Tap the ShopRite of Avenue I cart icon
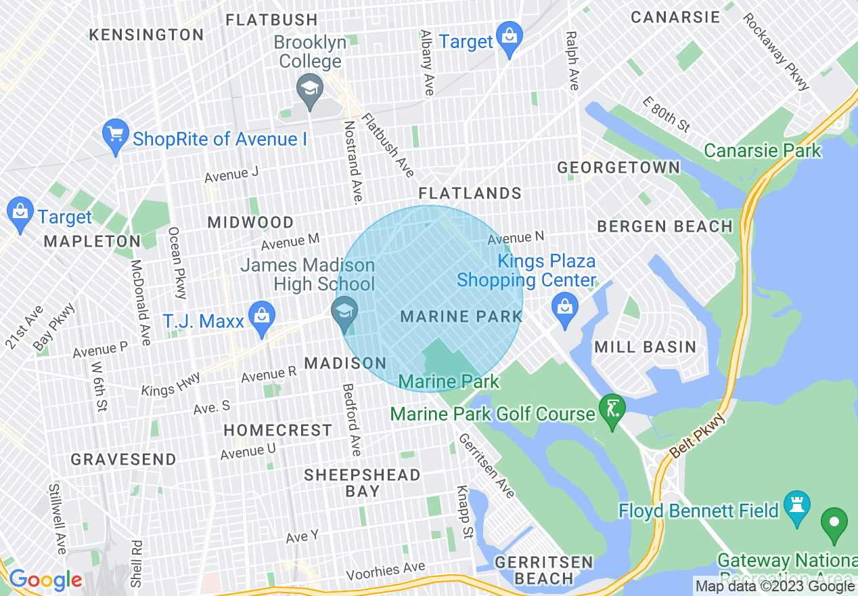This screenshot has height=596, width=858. point(115,135)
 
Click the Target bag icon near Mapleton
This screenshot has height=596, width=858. point(20,213)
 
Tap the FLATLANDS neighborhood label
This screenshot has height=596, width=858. point(470,194)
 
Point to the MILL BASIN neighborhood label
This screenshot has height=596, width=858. point(645,347)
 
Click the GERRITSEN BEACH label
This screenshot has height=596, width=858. point(543,570)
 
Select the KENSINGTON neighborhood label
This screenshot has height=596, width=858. point(146,35)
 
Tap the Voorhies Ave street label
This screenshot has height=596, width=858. point(386,571)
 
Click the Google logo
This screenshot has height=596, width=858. point(45,580)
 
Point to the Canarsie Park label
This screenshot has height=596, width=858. point(763,150)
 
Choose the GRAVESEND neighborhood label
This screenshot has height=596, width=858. point(123,459)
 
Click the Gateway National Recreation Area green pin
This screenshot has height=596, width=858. point(834,525)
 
